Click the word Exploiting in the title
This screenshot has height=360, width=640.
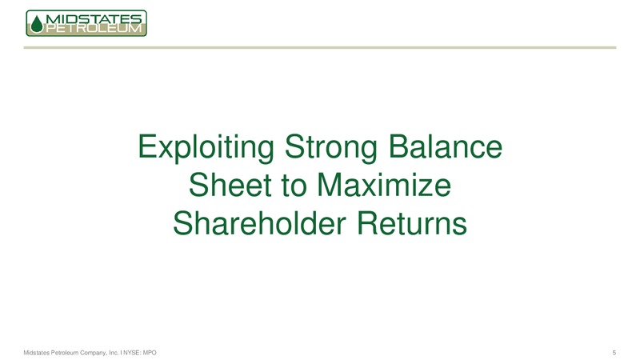[x=206, y=148]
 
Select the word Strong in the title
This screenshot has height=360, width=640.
[x=330, y=148]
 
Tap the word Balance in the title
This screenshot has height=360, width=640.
[x=446, y=146]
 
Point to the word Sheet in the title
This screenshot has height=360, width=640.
[x=230, y=186]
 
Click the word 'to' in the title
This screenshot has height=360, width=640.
[x=294, y=186]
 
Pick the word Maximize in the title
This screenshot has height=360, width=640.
[x=384, y=186]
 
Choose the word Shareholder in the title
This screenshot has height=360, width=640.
[x=259, y=224]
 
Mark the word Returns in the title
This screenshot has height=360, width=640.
[x=412, y=224]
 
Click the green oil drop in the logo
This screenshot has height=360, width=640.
[x=37, y=24]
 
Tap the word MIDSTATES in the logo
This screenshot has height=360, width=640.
[x=94, y=18]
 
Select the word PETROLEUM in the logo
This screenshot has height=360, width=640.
[x=94, y=29]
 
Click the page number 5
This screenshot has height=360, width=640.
[x=614, y=353]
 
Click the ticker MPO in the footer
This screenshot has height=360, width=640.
[x=150, y=353]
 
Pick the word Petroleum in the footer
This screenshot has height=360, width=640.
[x=63, y=353]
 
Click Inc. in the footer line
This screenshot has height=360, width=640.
[x=114, y=353]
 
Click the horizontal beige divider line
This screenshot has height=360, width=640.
[x=320, y=48]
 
